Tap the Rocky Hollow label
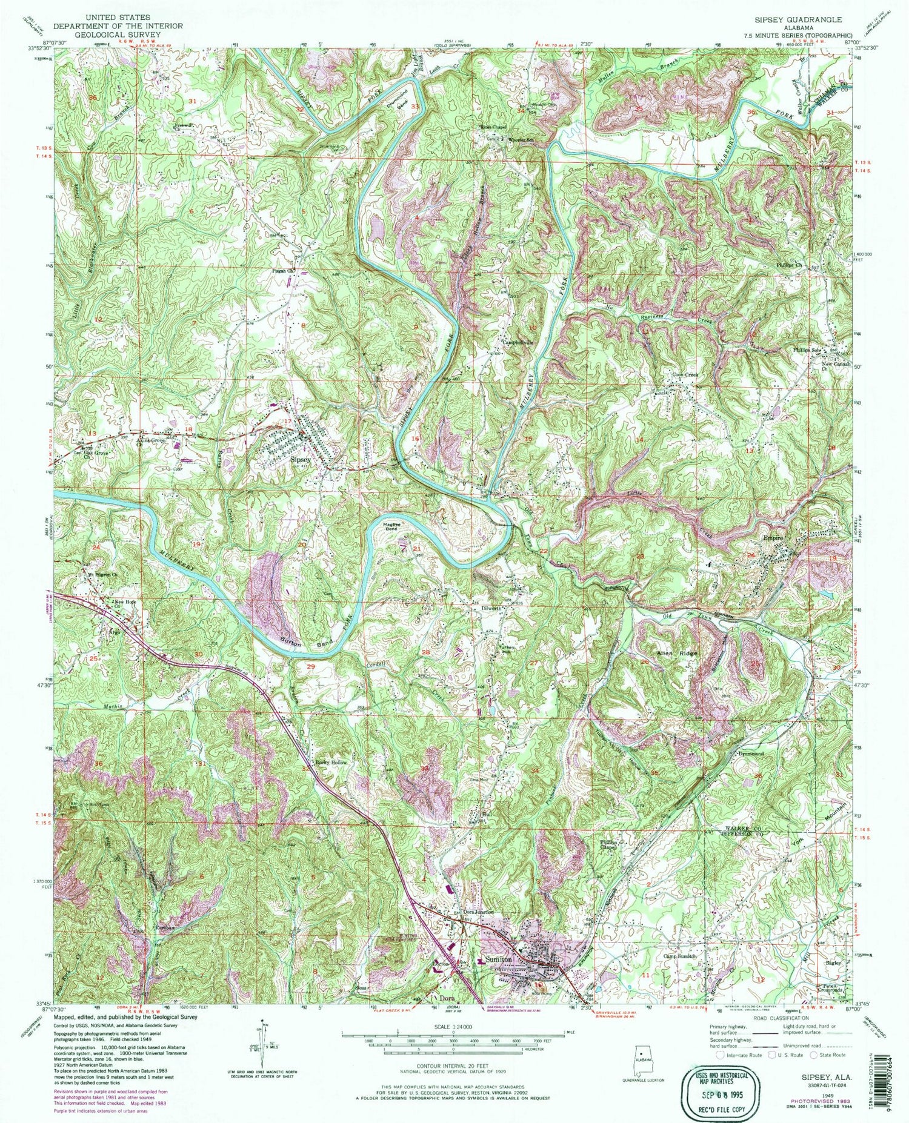click(x=330, y=763)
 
